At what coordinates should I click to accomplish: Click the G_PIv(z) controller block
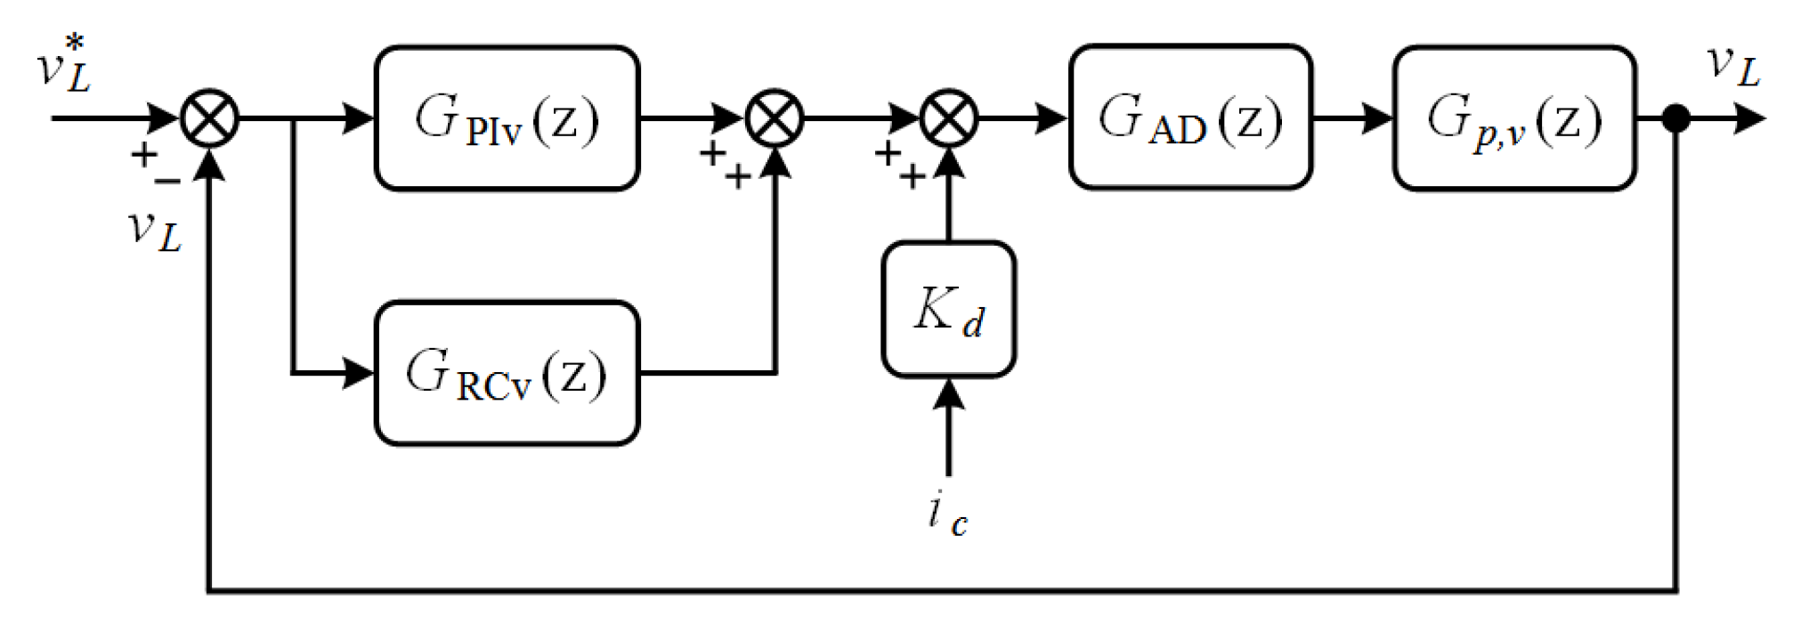(507, 118)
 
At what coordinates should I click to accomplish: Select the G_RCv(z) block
(507, 373)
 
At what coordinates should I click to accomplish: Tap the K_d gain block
(948, 309)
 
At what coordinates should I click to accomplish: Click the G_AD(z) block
(1189, 118)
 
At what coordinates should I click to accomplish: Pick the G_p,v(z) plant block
(1513, 118)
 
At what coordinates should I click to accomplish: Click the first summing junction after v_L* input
(209, 118)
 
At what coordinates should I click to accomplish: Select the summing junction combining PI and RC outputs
(775, 118)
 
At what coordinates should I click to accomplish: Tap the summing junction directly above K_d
(948, 118)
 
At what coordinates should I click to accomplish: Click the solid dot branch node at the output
(1676, 118)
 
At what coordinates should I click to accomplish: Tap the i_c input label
(946, 514)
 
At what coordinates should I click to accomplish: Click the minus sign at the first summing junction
(167, 181)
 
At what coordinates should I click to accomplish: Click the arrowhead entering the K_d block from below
(948, 394)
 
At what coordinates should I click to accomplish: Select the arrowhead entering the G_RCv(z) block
(359, 373)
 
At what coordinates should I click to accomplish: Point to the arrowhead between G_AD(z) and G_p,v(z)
(1377, 118)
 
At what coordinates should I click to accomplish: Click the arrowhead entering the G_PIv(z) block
(359, 118)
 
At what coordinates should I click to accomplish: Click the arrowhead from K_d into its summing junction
(948, 164)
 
